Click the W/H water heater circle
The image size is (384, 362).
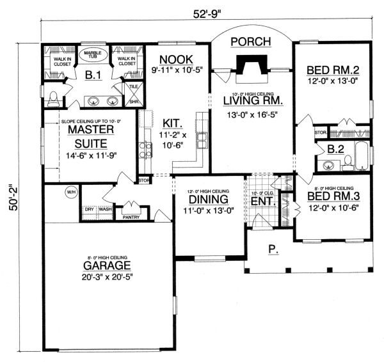(70, 191)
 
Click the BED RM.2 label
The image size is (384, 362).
(332, 70)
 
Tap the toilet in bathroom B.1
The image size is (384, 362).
(54, 99)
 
